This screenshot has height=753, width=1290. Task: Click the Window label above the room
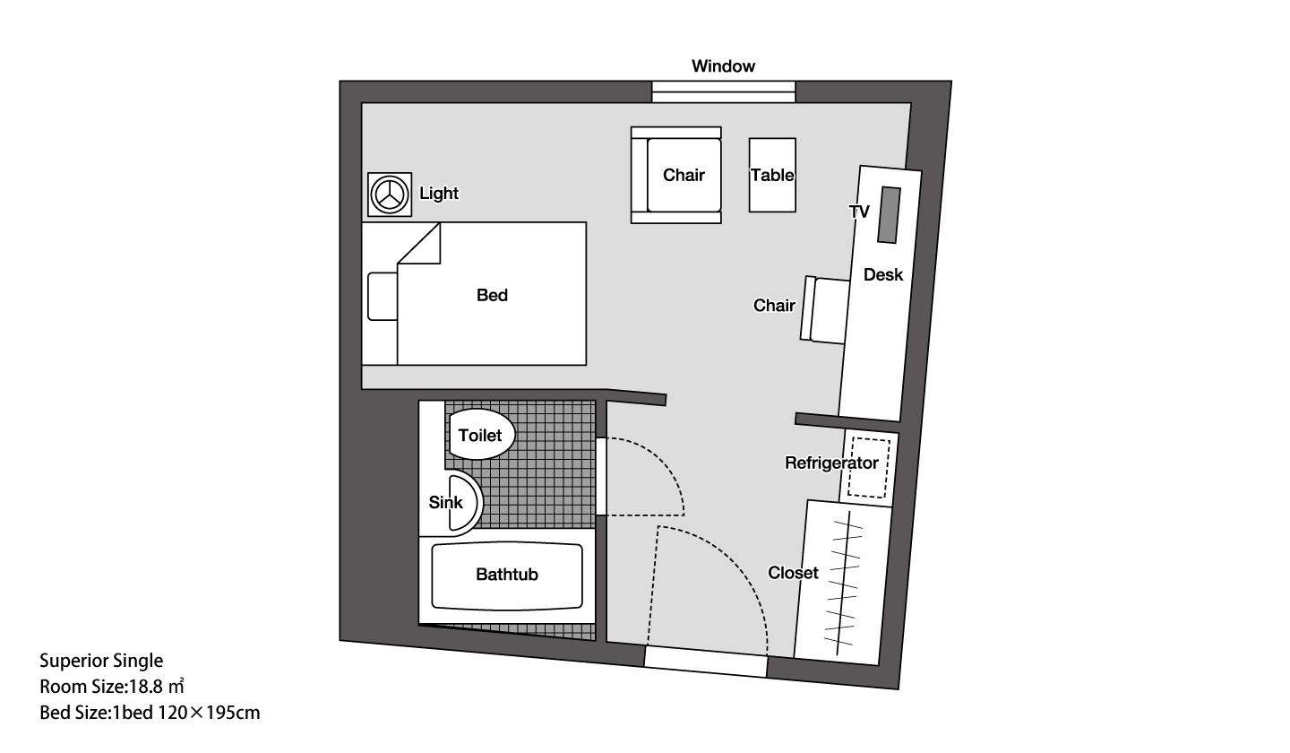(723, 66)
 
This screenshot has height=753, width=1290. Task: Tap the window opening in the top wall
(723, 92)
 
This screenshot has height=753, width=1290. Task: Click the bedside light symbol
(390, 195)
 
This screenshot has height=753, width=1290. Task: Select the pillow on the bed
(383, 296)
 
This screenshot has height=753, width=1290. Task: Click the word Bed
(492, 295)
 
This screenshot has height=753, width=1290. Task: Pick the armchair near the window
(676, 175)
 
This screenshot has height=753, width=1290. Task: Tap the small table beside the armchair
(772, 175)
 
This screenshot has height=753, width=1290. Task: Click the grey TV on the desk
(889, 215)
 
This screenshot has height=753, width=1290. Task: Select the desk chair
(825, 310)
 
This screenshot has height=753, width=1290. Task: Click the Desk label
(883, 275)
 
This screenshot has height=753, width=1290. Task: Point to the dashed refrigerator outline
(870, 468)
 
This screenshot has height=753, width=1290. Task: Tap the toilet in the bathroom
(480, 435)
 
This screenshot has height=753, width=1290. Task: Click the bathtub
(507, 576)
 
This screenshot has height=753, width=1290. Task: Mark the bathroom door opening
(600, 477)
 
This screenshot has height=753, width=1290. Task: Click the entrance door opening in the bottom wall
(706, 662)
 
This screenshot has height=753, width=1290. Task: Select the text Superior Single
(101, 661)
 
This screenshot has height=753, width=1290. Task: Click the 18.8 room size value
(146, 687)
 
